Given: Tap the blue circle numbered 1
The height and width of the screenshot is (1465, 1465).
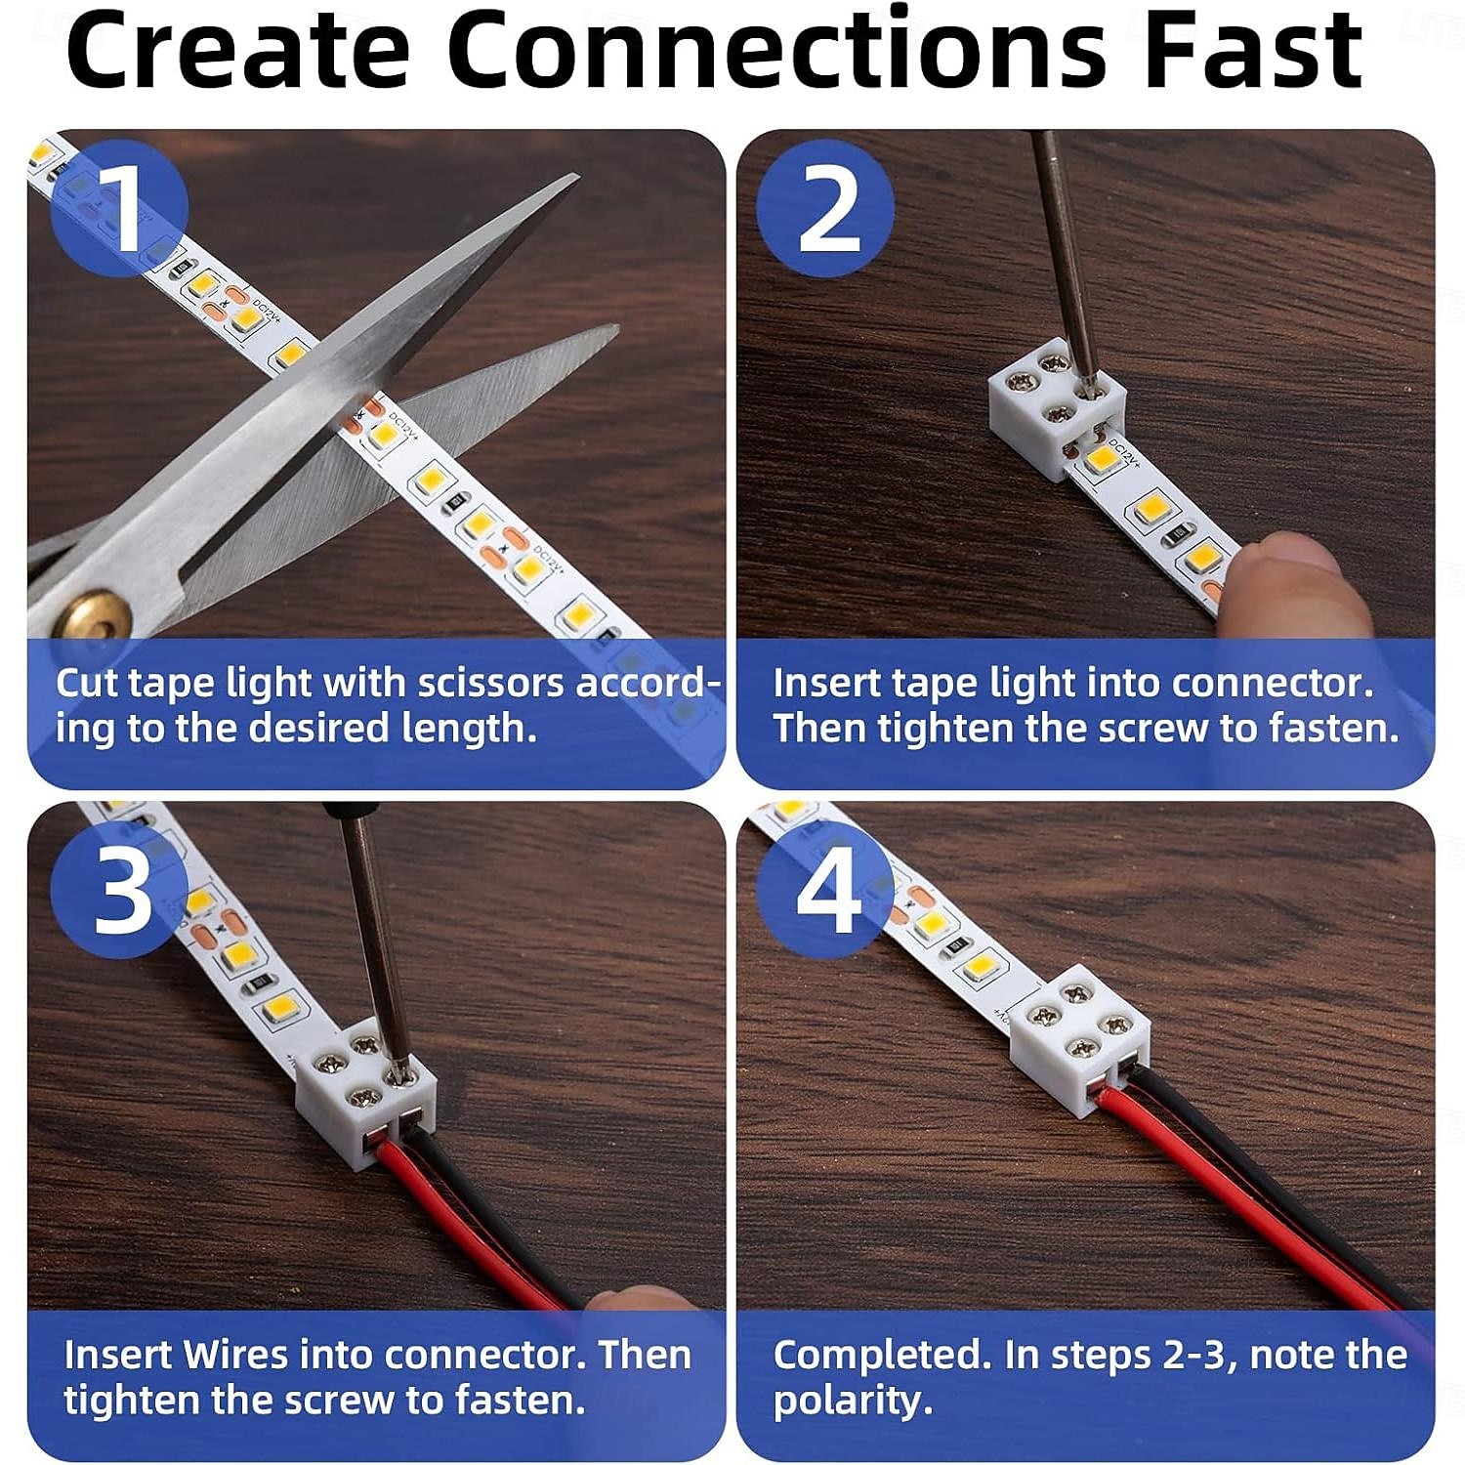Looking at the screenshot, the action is pyautogui.click(x=118, y=208).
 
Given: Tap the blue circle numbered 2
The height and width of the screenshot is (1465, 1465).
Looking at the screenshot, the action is pyautogui.click(x=826, y=208).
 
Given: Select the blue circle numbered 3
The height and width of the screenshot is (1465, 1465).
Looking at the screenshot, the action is pyautogui.click(x=118, y=890).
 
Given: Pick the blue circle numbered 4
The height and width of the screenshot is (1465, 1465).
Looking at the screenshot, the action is pyautogui.click(x=826, y=890).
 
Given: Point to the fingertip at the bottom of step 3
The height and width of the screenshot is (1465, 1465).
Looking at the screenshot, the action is pyautogui.click(x=635, y=1299).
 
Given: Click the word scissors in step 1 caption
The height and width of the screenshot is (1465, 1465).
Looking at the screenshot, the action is pyautogui.click(x=490, y=683).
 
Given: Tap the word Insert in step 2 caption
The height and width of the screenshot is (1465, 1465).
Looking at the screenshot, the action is pyautogui.click(x=826, y=683).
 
